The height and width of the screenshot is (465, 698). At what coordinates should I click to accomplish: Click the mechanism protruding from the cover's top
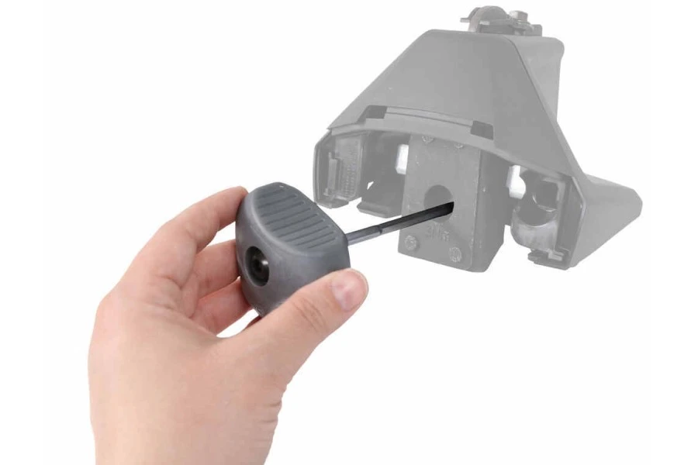pos(505,19)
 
